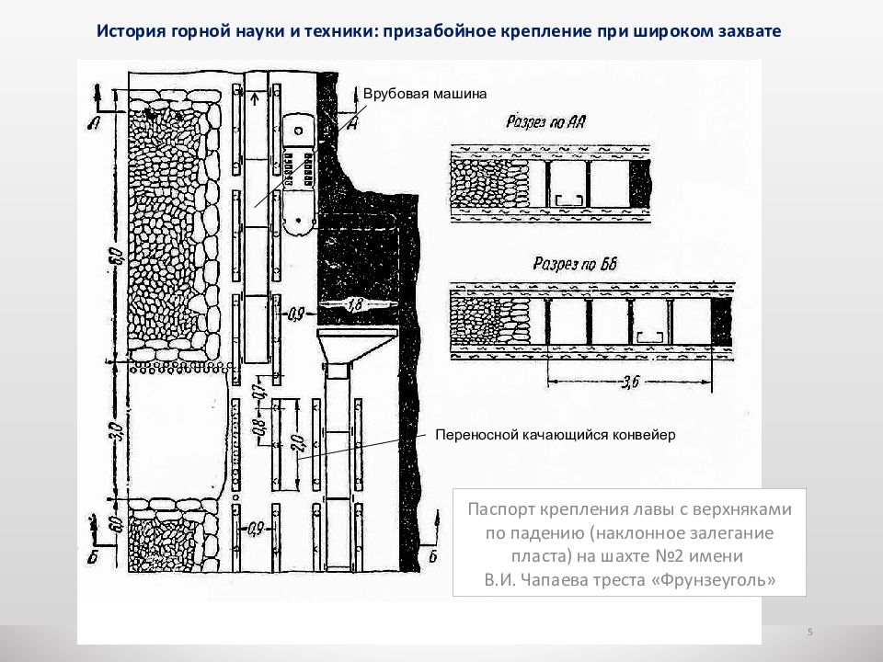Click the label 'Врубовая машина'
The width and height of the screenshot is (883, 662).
tap(424, 94)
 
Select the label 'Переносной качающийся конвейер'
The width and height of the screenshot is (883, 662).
tap(556, 435)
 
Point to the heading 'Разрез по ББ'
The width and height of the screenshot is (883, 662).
tap(575, 264)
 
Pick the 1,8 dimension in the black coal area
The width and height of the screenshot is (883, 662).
tap(356, 303)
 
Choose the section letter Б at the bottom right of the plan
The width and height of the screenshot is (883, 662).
tap(432, 556)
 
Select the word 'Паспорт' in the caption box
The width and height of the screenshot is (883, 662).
tap(500, 508)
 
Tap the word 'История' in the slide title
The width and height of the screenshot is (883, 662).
tap(131, 31)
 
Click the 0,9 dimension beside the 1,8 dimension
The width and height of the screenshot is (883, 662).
tap(295, 314)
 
